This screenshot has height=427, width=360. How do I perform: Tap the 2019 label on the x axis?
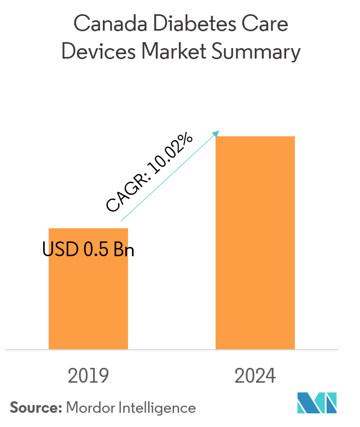tap(88, 376)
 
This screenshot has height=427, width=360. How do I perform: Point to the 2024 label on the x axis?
tap(255, 376)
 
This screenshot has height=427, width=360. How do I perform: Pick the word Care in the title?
tap(264, 25)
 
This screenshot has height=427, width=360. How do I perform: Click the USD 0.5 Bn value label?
tap(88, 250)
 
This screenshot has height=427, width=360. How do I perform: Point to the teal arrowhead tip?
tap(219, 131)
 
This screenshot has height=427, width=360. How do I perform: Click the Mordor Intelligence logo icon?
tap(317, 403)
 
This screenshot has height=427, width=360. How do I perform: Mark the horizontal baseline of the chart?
tap(171, 349)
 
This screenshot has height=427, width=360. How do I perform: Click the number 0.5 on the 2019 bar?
tap(95, 250)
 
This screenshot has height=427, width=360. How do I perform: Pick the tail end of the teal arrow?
tap(121, 221)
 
